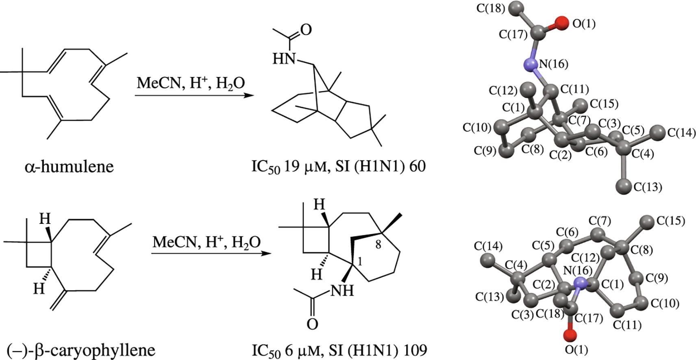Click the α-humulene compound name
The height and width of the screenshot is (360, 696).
[69, 167]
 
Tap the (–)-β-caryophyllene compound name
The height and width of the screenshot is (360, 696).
[81, 350]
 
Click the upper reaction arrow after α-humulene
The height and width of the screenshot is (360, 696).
[194, 96]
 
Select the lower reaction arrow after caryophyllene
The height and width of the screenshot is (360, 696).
[211, 254]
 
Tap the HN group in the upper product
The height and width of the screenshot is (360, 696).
[283, 59]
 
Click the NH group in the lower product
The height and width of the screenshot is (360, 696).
[342, 290]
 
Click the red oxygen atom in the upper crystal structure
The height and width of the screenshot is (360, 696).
[561, 23]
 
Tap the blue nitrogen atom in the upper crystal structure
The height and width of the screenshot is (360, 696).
[530, 64]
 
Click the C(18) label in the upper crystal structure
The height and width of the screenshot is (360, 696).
[491, 8]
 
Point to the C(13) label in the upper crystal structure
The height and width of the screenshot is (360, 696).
[648, 187]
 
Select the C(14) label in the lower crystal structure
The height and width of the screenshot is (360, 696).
[488, 246]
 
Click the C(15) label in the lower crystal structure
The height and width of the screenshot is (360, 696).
[670, 221]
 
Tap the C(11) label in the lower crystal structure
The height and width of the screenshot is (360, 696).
[627, 325]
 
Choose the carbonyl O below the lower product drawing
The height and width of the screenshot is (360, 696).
[312, 324]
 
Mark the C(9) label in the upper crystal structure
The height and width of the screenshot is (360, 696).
[485, 151]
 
